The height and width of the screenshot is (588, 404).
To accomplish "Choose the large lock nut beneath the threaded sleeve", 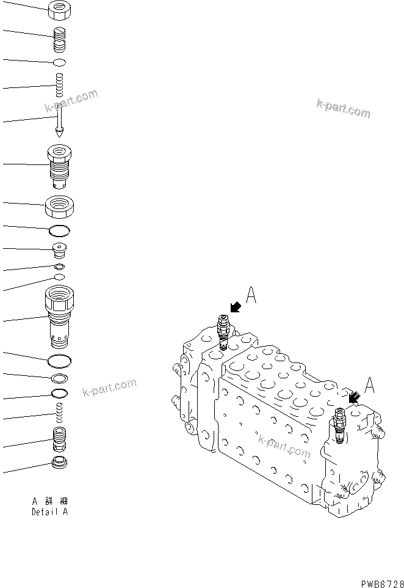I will [59, 206].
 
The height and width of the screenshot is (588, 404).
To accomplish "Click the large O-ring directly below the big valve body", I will [59, 360].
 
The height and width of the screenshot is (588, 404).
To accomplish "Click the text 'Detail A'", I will [49, 512].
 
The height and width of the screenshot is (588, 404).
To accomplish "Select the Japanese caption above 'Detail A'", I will [49, 501].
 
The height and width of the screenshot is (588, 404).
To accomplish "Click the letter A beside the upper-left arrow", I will [251, 296].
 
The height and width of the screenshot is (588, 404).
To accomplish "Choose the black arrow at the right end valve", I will [353, 397].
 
